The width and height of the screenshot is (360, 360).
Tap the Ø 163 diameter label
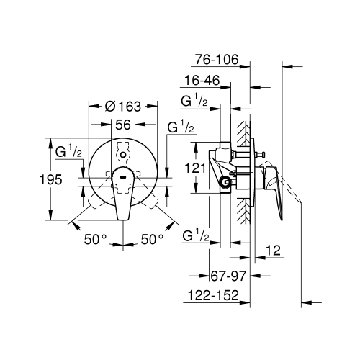[x=121, y=106]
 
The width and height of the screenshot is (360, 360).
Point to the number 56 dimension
[x=123, y=124]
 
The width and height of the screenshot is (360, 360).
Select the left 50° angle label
[x=94, y=237]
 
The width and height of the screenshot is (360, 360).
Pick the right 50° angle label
[x=152, y=237]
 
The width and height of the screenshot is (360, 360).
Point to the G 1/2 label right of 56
[x=180, y=128]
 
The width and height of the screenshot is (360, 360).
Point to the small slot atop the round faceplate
[x=123, y=154]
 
